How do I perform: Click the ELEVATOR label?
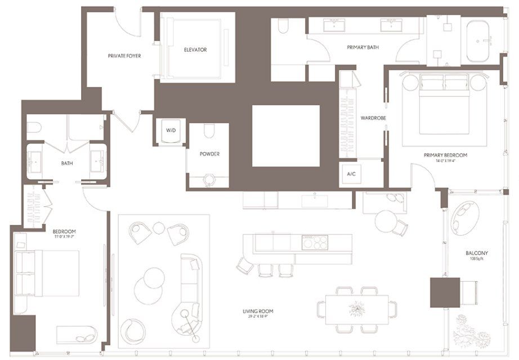coord(195,50)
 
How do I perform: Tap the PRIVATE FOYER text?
coord(124,56)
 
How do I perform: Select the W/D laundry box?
coord(171,131)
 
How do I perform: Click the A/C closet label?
coord(351,174)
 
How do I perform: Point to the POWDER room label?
coord(209,154)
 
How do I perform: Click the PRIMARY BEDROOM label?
coord(445,155)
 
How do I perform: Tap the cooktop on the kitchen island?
coord(315,243)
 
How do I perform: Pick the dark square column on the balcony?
coord(442,292)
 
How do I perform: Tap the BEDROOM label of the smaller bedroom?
coord(64,232)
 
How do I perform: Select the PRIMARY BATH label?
coord(363,48)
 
